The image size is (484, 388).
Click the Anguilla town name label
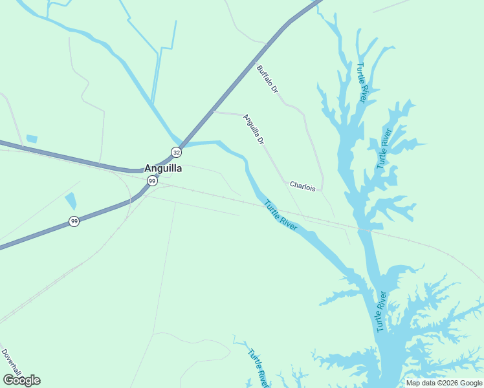coord(162,168)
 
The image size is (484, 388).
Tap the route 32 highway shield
coord(176,152)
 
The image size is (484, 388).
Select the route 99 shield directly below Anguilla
coord(151,181)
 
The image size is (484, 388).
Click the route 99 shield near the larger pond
coord(74,222)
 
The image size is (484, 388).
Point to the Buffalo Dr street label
coord(267,78)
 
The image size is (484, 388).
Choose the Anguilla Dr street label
coord(254,129)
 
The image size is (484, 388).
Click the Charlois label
coord(302,186)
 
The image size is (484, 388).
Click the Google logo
coord(21,380)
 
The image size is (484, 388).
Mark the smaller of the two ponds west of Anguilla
coord(32,139)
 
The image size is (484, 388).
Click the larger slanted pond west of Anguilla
coord(71,202)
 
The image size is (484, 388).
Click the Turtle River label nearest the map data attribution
coord(381,312)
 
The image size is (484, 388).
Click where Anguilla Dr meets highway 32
coord(214,112)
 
